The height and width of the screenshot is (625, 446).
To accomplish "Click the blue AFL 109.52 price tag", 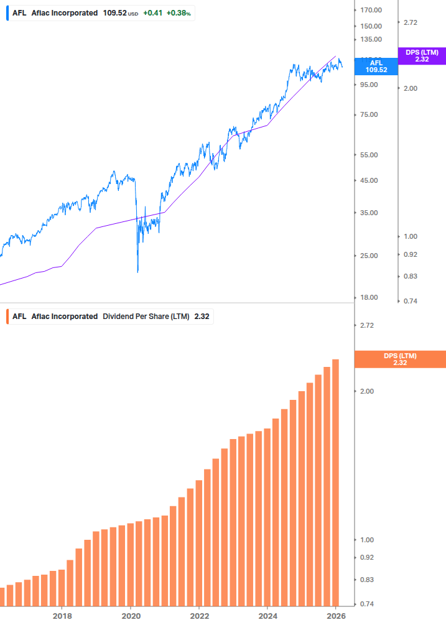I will (376, 66).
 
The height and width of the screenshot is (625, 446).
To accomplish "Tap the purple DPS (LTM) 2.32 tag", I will (422, 55).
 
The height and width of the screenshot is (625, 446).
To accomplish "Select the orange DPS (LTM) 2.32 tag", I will (399, 359).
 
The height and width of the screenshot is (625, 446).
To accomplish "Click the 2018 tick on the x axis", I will (62, 616).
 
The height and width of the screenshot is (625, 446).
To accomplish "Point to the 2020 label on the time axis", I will (131, 616).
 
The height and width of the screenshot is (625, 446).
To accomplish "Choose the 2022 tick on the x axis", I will (199, 616).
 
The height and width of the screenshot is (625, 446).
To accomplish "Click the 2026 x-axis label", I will (335, 616).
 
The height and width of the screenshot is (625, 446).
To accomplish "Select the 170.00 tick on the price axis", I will (371, 10).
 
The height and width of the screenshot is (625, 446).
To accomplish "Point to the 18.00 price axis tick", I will (369, 297).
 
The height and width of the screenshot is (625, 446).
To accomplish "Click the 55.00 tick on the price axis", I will (369, 155).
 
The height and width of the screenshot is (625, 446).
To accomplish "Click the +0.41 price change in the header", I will (152, 12).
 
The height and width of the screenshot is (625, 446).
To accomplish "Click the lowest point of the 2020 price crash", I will (137, 272).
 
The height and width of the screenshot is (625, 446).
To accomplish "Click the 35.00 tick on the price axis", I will (369, 213).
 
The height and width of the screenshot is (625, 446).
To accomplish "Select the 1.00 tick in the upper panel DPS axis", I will (410, 236).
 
